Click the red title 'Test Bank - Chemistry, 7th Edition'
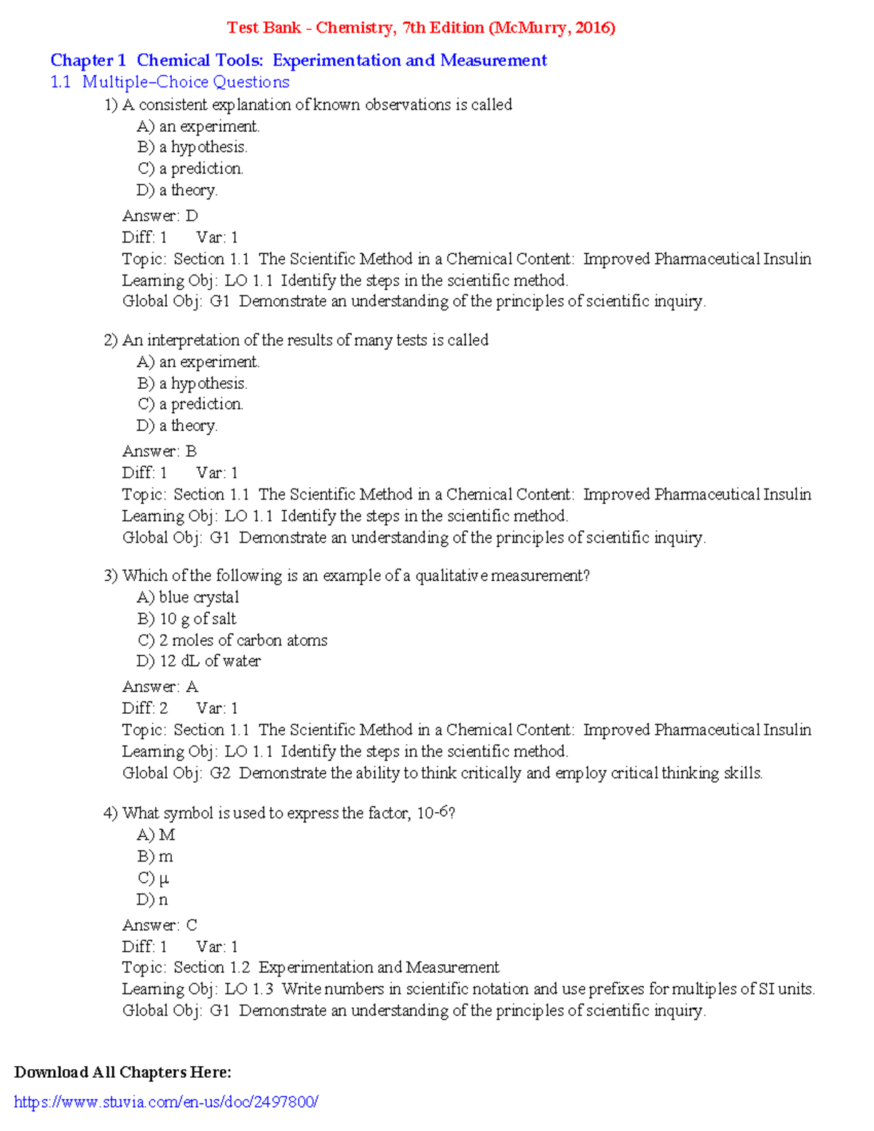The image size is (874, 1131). tap(421, 28)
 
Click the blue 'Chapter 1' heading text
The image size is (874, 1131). tap(88, 60)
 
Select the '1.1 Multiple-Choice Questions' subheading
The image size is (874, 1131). tap(170, 82)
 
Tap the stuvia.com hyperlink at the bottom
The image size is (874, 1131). tap(166, 1102)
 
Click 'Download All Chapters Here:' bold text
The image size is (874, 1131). tap(122, 1072)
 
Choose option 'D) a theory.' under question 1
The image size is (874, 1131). tap(177, 190)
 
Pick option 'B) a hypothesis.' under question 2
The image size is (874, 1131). tap(192, 383)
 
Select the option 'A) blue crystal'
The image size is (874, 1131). tap(188, 597)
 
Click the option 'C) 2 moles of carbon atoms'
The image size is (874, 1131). tap(232, 640)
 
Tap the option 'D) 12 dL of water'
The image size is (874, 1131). tap(199, 661)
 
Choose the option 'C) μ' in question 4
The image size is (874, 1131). tap(153, 878)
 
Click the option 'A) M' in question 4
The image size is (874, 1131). tap(156, 835)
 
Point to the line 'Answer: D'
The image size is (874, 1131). tap(160, 216)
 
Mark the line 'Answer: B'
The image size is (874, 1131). tap(160, 452)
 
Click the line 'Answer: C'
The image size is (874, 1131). tap(160, 925)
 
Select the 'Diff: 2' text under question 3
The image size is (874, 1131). tap(145, 708)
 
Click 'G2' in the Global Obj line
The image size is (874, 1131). tap(220, 773)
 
